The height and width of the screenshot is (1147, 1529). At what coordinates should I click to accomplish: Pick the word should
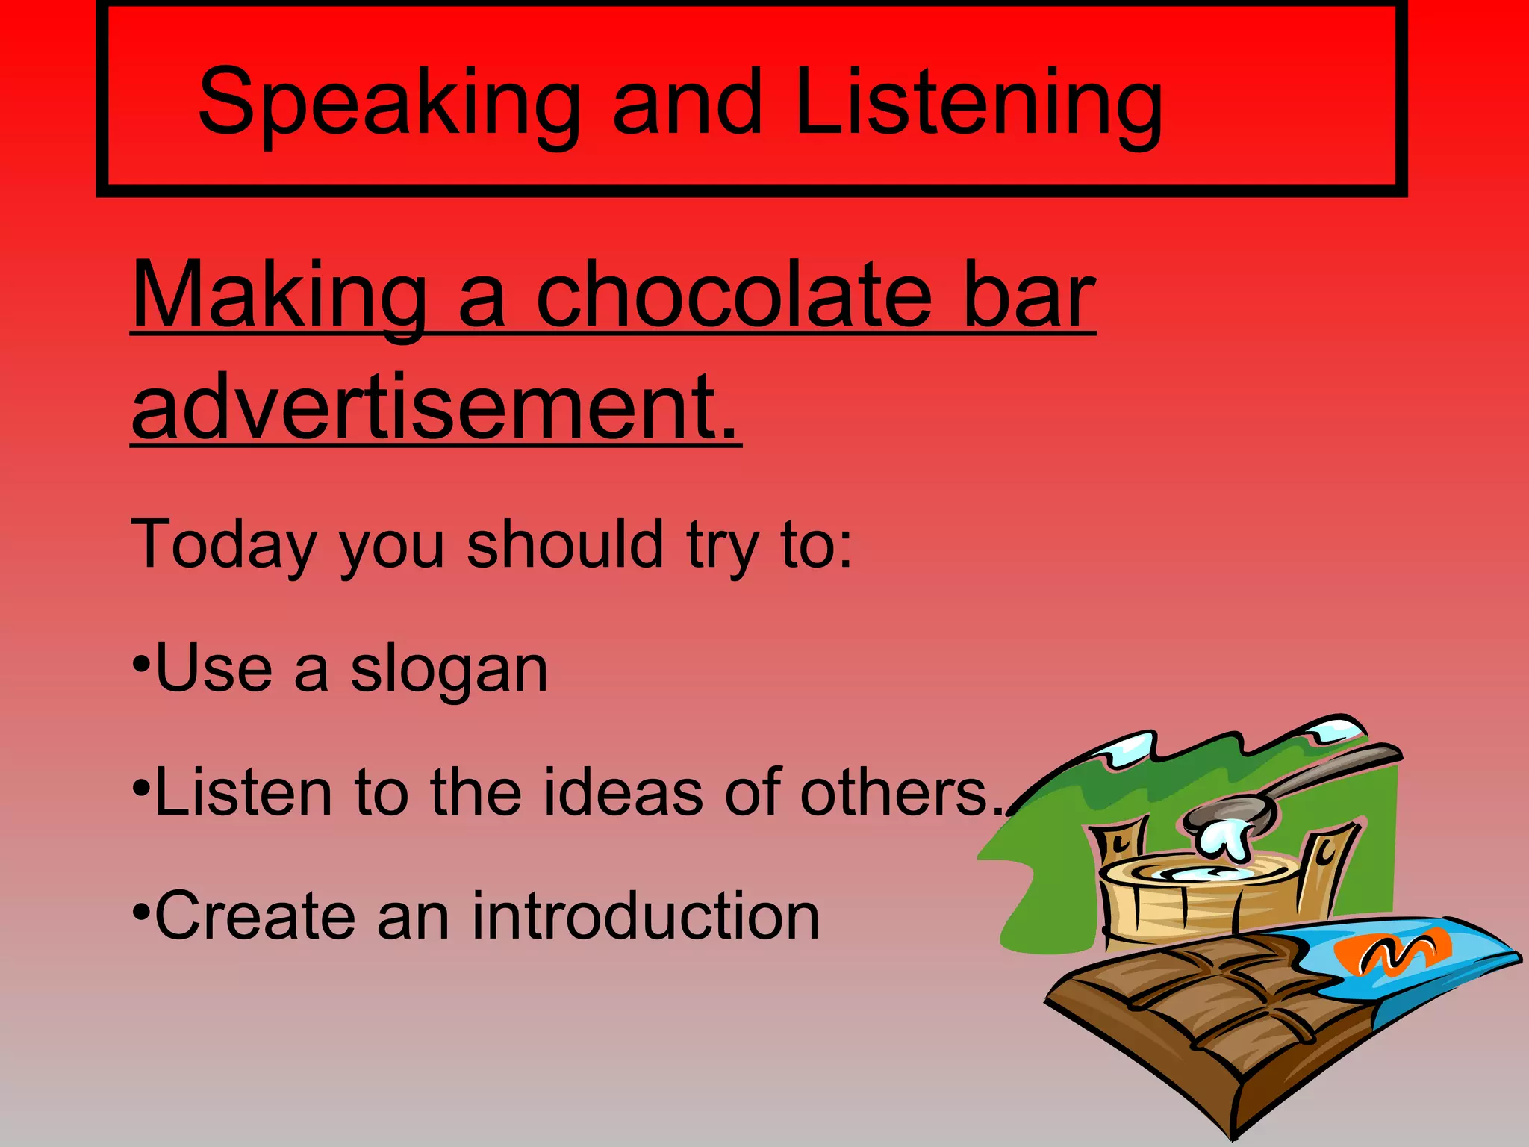[564, 544]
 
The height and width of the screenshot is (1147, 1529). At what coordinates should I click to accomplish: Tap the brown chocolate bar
[1209, 1023]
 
